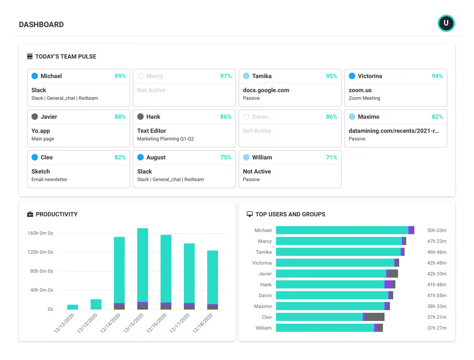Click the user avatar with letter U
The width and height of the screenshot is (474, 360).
pos(446,23)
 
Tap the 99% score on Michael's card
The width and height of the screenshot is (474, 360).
pos(120,76)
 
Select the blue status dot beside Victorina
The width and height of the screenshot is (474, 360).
pos(352,76)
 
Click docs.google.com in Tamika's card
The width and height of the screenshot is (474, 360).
pos(266,90)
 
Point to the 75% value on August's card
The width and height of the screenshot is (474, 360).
pos(226,157)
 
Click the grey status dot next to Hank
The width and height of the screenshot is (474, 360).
pos(140,117)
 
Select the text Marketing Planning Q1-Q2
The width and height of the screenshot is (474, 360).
pos(165,139)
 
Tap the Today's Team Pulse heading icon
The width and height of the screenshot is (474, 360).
pos(30,56)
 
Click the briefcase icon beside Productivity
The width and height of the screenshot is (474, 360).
pos(30,214)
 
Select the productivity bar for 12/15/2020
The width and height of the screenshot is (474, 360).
pos(143,266)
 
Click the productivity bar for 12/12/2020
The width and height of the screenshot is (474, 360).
pos(73,307)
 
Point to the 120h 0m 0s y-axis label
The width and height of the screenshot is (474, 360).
pos(40,252)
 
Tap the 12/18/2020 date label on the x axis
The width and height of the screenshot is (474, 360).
pos(203,323)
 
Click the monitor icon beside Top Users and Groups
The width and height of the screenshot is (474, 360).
pos(250,214)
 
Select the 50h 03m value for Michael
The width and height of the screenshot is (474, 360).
pos(437,230)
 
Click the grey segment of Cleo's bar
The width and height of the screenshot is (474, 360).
pos(375,317)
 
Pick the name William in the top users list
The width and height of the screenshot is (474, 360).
pos(263,328)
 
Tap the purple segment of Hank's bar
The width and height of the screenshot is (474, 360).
pos(388,285)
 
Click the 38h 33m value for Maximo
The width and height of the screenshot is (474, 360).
pos(437,306)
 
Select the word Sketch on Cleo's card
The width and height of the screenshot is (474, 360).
pos(41,172)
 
